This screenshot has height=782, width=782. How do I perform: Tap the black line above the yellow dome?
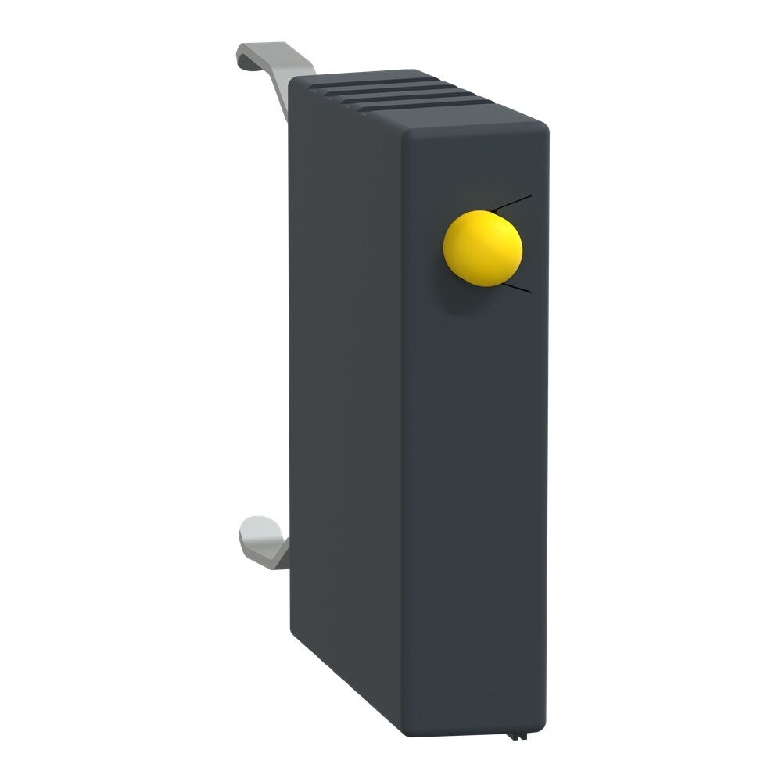(x=513, y=203)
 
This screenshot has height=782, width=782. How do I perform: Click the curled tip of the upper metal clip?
(x=247, y=55)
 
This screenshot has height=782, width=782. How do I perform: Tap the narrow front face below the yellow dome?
(x=477, y=508)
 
